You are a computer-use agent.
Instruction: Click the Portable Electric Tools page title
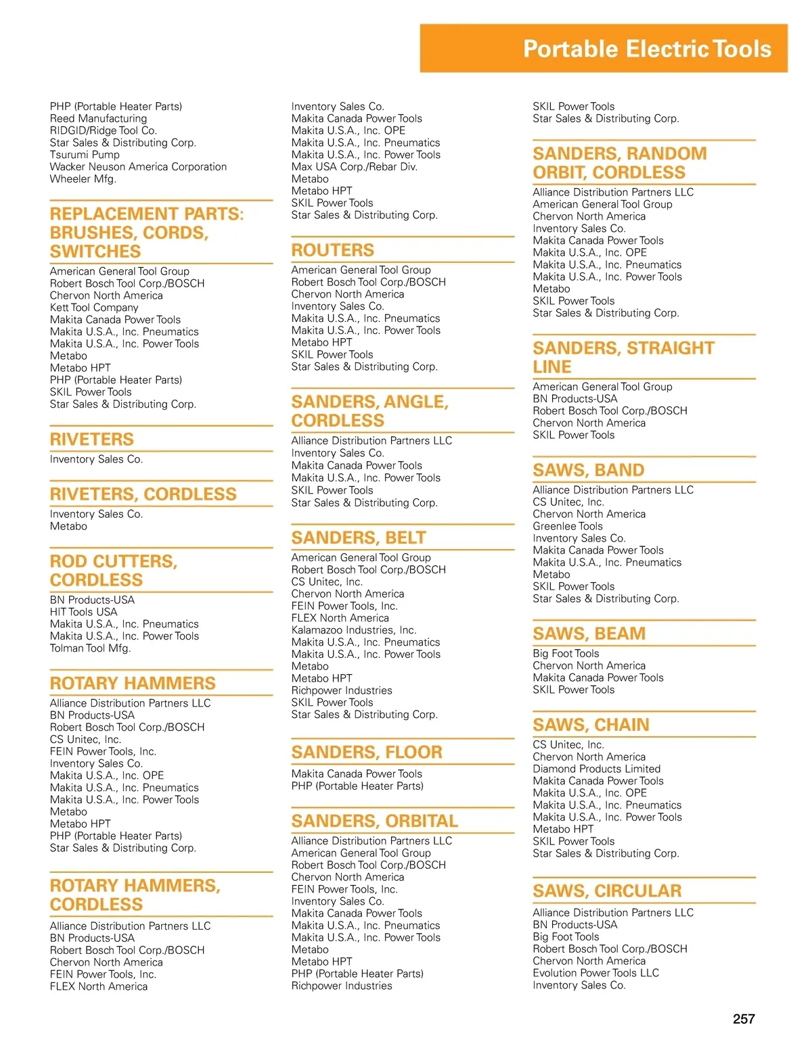point(647,49)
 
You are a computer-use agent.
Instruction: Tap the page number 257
point(744,1019)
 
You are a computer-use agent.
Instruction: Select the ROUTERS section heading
point(332,250)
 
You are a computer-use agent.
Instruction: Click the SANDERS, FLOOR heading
point(367,752)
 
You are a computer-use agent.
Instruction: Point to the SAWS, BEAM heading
point(589,634)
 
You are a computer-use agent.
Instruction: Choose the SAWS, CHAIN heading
point(591,725)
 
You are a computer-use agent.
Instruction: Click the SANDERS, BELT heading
point(359,538)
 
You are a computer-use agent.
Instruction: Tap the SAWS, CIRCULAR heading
point(607,891)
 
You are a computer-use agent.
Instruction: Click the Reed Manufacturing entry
point(98,118)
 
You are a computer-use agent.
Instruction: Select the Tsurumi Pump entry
point(85,155)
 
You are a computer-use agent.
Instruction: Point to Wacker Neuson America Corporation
point(138,167)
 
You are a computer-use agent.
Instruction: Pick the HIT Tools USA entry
point(83,612)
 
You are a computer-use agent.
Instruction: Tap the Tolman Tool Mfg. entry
point(90,648)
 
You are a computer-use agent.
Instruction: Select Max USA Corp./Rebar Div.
point(354,167)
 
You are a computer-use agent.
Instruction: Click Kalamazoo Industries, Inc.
point(354,630)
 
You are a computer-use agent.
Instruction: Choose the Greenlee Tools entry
point(567,526)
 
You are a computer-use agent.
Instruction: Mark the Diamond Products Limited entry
point(596,769)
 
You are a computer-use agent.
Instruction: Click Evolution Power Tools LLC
point(595,973)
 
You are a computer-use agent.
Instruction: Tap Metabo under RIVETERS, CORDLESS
point(68,526)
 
